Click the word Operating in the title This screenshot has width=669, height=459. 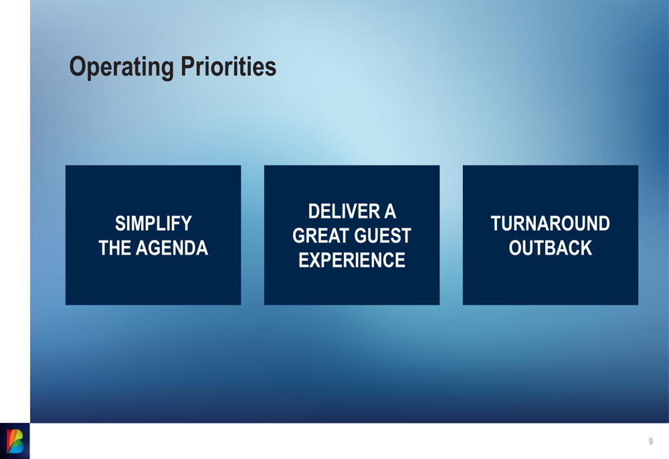coord(122,68)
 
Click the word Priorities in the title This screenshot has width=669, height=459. coord(228,66)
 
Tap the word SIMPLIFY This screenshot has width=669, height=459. coord(153,223)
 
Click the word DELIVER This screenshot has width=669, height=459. coord(344,211)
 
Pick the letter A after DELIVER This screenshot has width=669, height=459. coord(390,211)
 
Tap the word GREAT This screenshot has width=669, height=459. coord(320,235)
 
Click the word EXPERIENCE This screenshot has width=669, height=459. coord(352,260)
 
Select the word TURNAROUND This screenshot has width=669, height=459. coord(551,223)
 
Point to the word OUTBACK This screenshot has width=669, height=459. coord(551,248)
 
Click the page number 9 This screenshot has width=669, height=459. coord(651,442)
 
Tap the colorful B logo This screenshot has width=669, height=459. coord(15,441)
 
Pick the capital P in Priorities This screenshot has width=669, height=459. coord(188,66)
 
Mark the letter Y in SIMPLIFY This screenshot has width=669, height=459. coord(187,223)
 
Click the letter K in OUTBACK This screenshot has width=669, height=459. coord(587,248)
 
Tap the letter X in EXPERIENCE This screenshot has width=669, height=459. coord(314,260)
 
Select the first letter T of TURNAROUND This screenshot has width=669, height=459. coord(496,223)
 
